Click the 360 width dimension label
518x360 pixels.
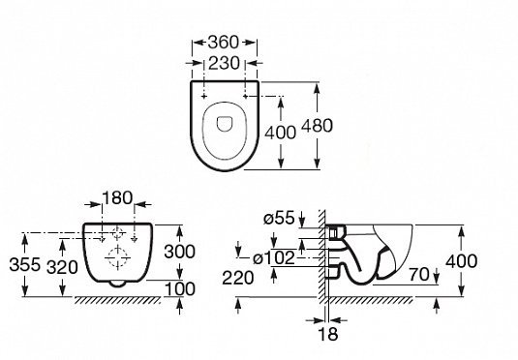224,43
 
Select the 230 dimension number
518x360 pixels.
224,63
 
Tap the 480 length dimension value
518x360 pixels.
318,126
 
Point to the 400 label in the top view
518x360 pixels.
281,133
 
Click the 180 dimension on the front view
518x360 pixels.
117,197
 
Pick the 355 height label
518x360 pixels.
25,264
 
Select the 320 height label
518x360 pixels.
62,267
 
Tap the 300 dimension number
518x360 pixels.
180,252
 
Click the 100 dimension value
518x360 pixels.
180,289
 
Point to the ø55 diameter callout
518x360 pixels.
279,218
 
